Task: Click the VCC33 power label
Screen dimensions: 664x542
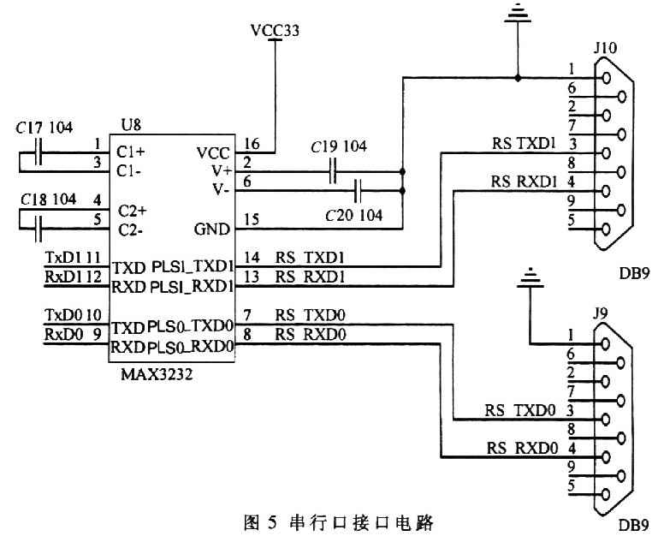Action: click(x=275, y=30)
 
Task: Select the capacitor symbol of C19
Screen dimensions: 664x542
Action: click(x=333, y=171)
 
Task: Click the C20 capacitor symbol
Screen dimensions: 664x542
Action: click(x=358, y=191)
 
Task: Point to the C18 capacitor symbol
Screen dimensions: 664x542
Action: click(x=39, y=229)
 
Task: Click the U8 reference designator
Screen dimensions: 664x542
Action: click(x=131, y=125)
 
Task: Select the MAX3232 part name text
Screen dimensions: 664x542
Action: click(x=157, y=374)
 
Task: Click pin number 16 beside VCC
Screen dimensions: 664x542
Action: click(x=252, y=143)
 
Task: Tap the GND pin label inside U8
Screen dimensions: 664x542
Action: click(x=211, y=229)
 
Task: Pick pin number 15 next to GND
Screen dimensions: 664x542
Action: click(x=252, y=219)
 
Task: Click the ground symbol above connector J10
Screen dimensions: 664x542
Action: click(x=518, y=12)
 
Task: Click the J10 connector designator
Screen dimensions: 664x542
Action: click(x=605, y=47)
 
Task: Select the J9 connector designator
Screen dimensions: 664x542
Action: click(x=601, y=313)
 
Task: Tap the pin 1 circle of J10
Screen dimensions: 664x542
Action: click(x=606, y=78)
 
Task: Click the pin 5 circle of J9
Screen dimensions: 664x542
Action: click(x=606, y=495)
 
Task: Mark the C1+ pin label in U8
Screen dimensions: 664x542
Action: click(x=130, y=152)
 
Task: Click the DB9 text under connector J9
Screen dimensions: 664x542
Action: click(x=634, y=525)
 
